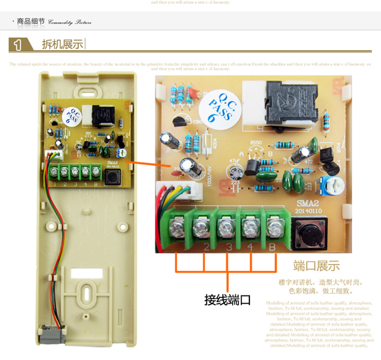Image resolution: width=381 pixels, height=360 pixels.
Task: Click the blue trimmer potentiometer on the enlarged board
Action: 322,182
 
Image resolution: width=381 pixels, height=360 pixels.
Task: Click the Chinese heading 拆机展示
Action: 61,44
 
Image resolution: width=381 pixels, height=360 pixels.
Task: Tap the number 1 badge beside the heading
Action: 19,44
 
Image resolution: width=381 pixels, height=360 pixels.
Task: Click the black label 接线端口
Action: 227,300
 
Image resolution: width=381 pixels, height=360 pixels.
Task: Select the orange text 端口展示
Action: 316,267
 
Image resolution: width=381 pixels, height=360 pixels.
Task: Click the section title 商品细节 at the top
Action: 31,23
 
